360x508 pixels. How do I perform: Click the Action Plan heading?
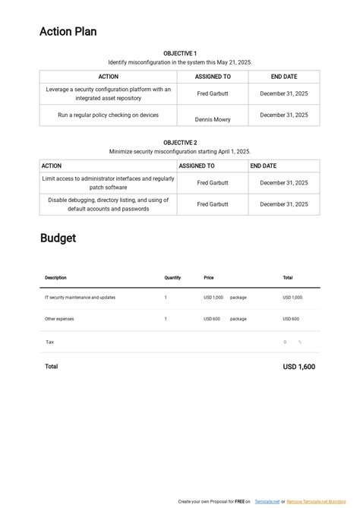click(68, 32)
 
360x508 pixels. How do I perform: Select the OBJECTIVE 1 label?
click(180, 53)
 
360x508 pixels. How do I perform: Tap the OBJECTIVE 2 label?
click(180, 142)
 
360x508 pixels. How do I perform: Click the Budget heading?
click(58, 238)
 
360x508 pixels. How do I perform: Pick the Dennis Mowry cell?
click(213, 119)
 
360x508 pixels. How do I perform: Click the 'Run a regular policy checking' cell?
click(109, 115)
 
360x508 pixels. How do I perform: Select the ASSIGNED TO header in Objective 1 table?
click(213, 77)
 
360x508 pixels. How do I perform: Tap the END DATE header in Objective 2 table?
click(264, 166)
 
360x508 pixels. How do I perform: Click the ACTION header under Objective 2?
click(52, 166)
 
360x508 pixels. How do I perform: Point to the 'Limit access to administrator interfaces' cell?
click(109, 183)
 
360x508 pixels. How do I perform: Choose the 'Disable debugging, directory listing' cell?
click(109, 204)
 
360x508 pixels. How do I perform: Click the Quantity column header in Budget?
click(172, 278)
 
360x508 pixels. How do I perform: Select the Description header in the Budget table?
click(55, 278)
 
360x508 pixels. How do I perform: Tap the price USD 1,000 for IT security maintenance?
click(213, 298)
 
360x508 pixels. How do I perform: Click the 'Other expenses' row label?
click(59, 319)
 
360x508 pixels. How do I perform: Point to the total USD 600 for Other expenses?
click(291, 319)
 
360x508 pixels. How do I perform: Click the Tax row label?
click(49, 342)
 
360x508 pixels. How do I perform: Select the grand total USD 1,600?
click(299, 367)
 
